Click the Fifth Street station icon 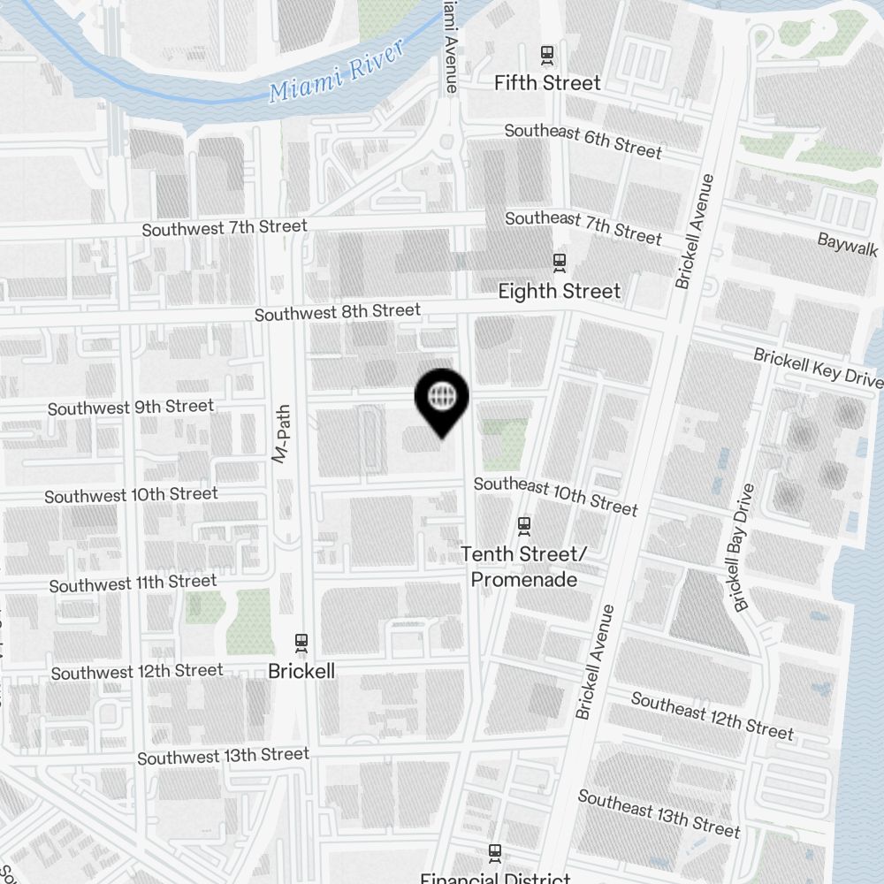[547, 55]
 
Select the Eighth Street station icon [559, 262]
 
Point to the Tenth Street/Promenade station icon [524, 525]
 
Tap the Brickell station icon [301, 642]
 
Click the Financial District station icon [495, 853]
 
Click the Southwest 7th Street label [225, 228]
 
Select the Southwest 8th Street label [338, 312]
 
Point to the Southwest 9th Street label [131, 408]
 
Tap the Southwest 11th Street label [133, 583]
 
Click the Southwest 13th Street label [223, 756]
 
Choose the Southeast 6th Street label [583, 141]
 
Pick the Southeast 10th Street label [555, 495]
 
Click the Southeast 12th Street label [712, 714]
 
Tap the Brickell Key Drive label [817, 367]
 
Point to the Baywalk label [847, 244]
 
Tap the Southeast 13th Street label [659, 812]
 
